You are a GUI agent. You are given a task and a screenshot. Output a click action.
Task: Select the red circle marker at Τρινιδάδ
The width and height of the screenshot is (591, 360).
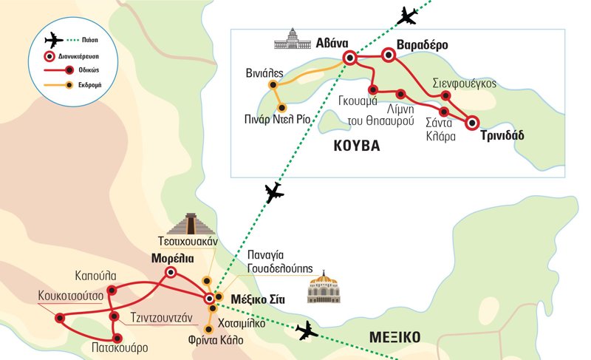pyautogui.click(x=471, y=122)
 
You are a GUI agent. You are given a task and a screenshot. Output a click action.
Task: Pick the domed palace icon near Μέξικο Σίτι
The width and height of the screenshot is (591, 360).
pyautogui.click(x=322, y=288)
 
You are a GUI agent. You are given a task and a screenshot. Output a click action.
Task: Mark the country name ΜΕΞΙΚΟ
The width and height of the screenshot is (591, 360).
pyautogui.click(x=394, y=338)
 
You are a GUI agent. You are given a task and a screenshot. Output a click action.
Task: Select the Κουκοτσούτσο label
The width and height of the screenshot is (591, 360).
pyautogui.click(x=71, y=297)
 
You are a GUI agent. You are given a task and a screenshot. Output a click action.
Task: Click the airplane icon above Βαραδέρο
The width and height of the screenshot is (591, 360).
pyautogui.click(x=407, y=14)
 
